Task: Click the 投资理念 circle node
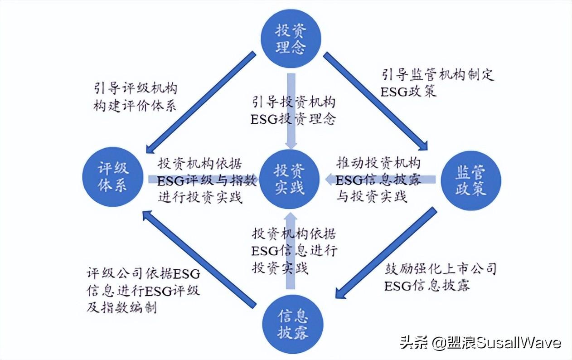pos(291,39)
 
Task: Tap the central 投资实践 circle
pos(290,179)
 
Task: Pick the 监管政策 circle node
pos(470,180)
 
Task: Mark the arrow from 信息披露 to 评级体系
pos(199,259)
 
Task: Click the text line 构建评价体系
pos(135,106)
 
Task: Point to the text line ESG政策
pos(408,92)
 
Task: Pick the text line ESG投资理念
pos(293,119)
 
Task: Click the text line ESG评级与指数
pos(208,180)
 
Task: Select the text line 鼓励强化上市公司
pos(441,268)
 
